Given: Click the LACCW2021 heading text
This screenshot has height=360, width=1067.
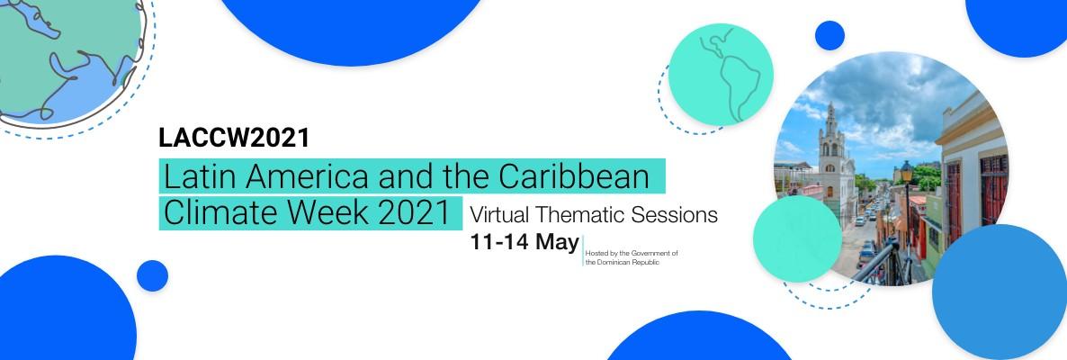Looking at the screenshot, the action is [234, 138].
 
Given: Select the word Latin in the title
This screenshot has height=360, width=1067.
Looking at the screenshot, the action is [197, 177].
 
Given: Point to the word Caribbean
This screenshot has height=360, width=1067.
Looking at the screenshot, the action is [574, 177].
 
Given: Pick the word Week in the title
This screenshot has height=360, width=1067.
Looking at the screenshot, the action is [319, 213].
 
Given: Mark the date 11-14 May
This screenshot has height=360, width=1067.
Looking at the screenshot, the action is [525, 242].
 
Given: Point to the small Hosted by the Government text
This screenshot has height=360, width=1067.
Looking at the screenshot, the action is [632, 253].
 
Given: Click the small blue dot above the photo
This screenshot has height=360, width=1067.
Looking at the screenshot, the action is [829, 35].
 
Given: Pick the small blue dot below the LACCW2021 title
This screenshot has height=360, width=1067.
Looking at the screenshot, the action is [152, 275].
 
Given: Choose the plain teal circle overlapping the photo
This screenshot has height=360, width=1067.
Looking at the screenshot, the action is [797, 238].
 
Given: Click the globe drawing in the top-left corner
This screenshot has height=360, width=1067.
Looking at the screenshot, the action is [71, 62].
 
